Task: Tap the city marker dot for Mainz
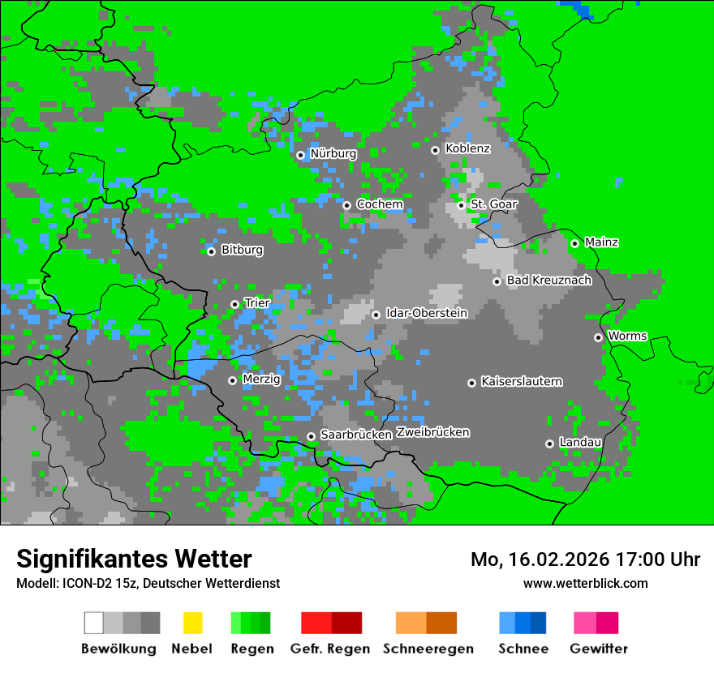click(x=574, y=243)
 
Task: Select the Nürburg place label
click(x=333, y=154)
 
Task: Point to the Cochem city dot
click(x=346, y=205)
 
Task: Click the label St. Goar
click(x=493, y=204)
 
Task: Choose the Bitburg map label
click(x=242, y=251)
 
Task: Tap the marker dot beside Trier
click(x=234, y=304)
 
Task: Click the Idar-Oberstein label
click(x=426, y=313)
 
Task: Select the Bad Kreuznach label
click(x=548, y=281)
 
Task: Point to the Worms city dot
click(x=598, y=337)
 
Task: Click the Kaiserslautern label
click(x=521, y=382)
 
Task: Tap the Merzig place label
click(x=261, y=379)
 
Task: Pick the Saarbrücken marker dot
click(x=311, y=436)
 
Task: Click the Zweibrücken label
click(x=432, y=432)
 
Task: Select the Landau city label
click(x=580, y=443)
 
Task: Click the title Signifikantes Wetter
click(x=134, y=559)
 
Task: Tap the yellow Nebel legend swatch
click(x=192, y=623)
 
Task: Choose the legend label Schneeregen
click(x=427, y=649)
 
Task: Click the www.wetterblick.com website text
click(x=585, y=583)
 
